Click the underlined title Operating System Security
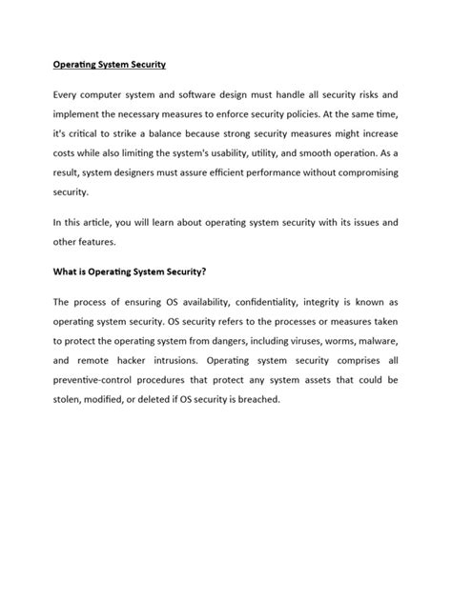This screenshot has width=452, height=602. (x=109, y=66)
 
